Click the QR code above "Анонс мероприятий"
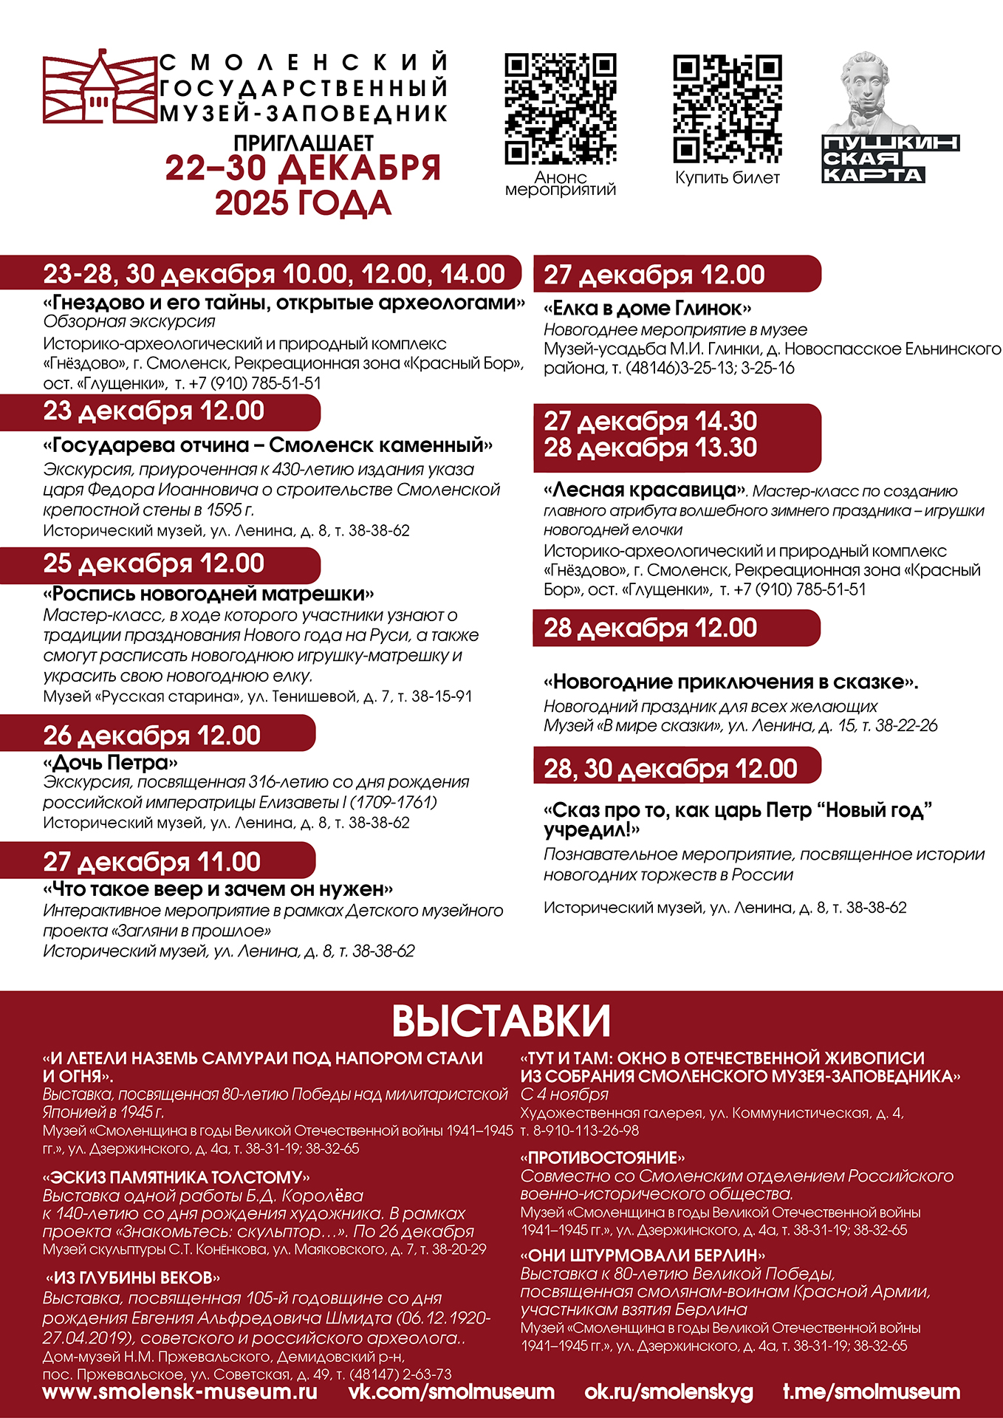561,109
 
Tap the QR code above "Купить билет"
728,109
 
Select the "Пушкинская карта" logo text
890,159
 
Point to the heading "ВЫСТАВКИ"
501,1021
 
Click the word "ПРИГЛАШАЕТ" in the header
304,143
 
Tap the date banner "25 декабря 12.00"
154,564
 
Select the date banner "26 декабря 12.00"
152,736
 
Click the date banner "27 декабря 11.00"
152,862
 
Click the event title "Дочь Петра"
111,762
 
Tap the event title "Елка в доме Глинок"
648,309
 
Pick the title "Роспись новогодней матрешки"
209,595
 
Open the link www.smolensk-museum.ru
180,1392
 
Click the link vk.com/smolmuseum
451,1392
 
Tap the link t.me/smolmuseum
872,1392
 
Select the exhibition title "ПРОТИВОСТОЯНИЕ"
603,1157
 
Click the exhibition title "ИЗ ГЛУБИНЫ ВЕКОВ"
133,1278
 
